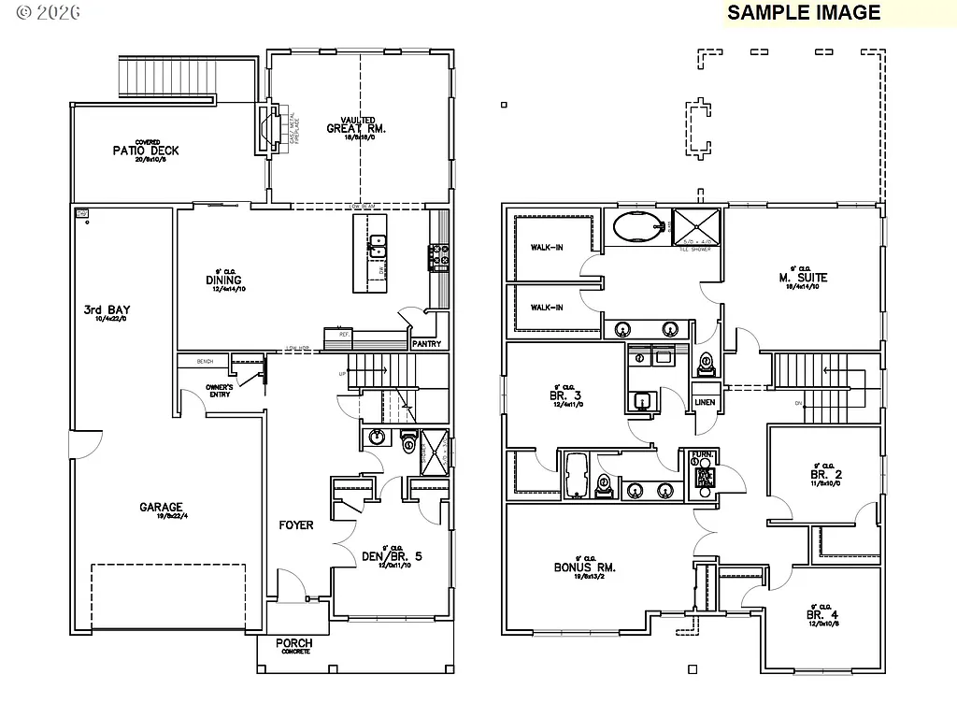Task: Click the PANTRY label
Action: click(426, 344)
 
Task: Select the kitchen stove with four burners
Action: click(438, 256)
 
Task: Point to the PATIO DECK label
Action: click(145, 151)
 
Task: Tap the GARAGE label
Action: click(161, 508)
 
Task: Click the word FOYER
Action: click(296, 525)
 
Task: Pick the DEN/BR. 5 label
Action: click(392, 557)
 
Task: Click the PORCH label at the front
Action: click(294, 643)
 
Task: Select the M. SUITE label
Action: click(803, 278)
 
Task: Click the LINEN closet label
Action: click(705, 402)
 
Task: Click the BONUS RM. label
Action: click(585, 567)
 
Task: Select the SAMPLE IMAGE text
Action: click(804, 12)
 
